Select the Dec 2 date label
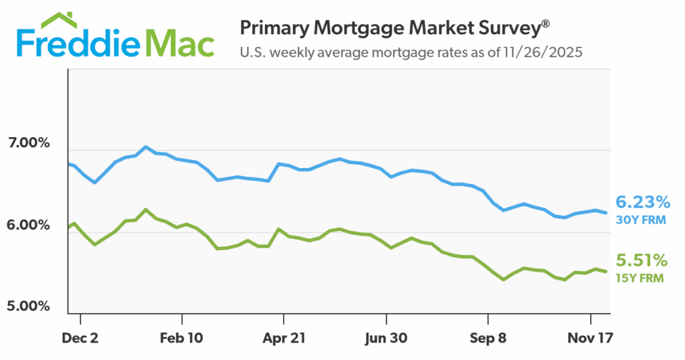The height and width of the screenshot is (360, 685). coord(80,339)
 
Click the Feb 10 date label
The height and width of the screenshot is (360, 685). coord(183,339)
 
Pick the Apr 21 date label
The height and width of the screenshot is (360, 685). coord(284,339)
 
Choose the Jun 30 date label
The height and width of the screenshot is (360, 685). coord(387,339)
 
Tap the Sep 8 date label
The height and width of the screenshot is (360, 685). coord(488,339)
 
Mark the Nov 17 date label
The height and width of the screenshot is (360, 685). coord(591,339)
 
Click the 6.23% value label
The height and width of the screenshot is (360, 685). coord(642,202)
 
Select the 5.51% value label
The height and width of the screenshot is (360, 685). coord(642,259)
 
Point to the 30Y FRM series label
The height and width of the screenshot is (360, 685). coord(641,219)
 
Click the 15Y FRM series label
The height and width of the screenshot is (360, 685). coord(641,276)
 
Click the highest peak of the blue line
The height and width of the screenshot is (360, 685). coord(146,147)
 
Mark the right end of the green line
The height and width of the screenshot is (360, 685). coord(606,271)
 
